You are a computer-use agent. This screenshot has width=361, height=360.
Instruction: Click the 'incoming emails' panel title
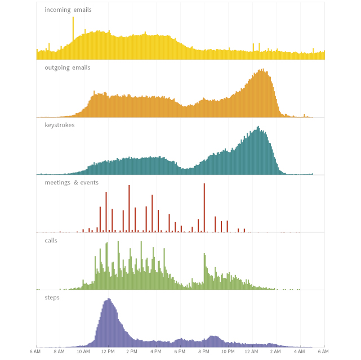pos(68,10)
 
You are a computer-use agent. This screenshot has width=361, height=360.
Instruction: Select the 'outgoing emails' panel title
pos(68,67)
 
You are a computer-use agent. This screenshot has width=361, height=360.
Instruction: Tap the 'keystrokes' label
pos(60,125)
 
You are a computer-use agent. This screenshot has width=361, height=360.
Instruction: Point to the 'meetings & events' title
pos(72,182)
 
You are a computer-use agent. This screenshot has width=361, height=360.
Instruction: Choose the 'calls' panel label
pos(51,240)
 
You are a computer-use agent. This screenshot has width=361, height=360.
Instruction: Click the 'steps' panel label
pos(52,298)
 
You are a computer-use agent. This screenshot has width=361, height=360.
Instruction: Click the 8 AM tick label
pos(59,352)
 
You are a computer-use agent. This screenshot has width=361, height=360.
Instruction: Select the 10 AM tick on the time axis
pos(83,352)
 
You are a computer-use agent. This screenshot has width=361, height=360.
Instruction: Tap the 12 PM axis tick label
pos(108,352)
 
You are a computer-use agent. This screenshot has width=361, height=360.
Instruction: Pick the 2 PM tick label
pos(132,352)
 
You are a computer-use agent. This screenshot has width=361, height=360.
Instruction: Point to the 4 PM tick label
pos(156,352)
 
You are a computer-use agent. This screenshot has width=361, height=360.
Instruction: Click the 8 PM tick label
pos(204,352)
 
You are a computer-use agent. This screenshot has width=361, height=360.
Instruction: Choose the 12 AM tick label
pos(252,352)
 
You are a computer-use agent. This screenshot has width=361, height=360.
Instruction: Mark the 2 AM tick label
pos(275,352)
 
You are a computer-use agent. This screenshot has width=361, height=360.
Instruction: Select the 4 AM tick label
pos(300,352)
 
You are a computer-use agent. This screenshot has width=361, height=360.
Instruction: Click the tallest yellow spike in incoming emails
pos(73,18)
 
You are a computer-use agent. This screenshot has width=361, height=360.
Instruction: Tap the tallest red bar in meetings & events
pos(204,184)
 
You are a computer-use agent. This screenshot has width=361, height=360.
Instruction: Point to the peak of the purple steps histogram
pos(109,299)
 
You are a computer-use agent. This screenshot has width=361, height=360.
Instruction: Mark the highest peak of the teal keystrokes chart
pos(259,127)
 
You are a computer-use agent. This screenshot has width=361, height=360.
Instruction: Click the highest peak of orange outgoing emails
pos(261,70)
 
